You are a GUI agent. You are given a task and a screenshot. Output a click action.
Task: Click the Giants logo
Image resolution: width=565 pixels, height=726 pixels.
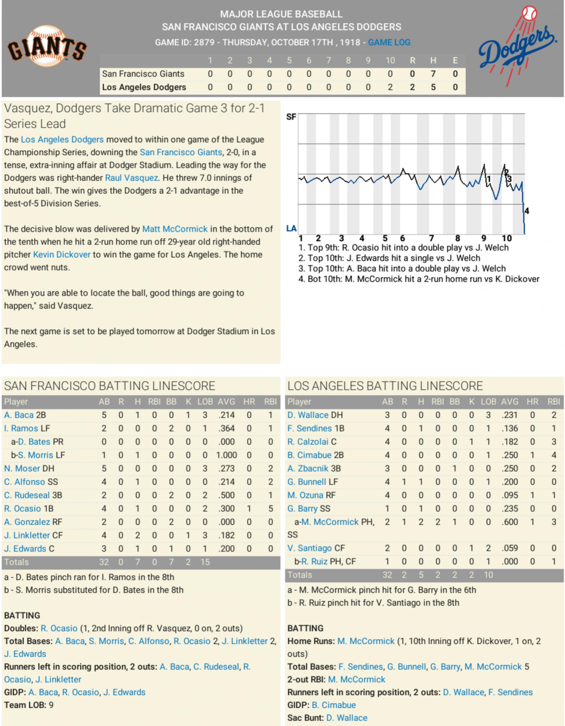(x=47, y=47)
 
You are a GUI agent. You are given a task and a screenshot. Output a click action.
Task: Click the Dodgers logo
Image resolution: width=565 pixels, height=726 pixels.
(x=517, y=47)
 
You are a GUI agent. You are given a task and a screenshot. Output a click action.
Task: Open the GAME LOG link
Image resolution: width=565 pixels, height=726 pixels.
(x=389, y=42)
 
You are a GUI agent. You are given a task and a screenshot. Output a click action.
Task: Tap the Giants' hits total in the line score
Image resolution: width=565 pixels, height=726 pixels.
(x=433, y=74)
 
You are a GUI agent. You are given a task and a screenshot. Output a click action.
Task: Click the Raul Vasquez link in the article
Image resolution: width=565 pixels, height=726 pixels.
(x=131, y=178)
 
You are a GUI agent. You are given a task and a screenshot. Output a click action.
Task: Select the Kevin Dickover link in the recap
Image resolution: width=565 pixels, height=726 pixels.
(x=62, y=255)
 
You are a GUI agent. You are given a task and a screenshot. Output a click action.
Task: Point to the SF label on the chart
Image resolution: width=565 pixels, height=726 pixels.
(x=291, y=117)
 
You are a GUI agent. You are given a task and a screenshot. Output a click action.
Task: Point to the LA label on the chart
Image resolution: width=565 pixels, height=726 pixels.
(x=291, y=228)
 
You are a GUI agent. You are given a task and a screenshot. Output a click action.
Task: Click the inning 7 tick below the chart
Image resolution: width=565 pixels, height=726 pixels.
(x=431, y=238)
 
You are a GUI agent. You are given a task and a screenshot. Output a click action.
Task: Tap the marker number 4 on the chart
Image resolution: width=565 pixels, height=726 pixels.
(x=526, y=211)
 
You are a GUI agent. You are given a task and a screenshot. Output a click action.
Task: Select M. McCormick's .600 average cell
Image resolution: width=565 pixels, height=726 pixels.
(x=509, y=522)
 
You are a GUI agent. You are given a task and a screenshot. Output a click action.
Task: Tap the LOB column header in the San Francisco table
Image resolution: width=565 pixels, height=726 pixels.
(x=205, y=402)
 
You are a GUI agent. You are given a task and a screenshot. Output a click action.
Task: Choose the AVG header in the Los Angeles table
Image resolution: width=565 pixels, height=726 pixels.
(x=509, y=402)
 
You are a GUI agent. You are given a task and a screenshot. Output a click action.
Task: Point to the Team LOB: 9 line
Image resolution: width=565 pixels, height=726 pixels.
(x=28, y=705)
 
